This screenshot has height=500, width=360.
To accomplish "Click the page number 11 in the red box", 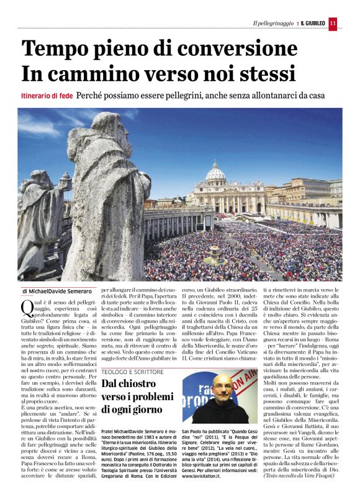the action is click(x=333, y=23).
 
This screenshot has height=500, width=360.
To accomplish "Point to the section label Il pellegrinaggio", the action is click(x=273, y=24).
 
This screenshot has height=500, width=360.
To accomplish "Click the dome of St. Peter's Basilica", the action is click(x=215, y=171).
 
